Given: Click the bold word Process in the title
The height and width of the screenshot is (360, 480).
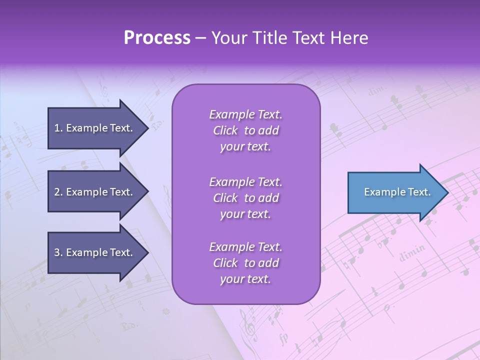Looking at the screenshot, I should [x=157, y=38].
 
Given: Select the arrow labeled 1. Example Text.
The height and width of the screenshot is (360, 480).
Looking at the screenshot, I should [x=95, y=128].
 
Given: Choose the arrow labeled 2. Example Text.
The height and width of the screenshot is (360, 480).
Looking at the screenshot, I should [x=95, y=192].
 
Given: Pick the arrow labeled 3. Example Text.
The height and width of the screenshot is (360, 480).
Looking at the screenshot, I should [x=95, y=252].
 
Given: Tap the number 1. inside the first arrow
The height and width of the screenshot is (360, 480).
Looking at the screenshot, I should [x=58, y=128].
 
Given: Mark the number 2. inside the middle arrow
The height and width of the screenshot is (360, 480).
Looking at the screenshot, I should [x=58, y=192].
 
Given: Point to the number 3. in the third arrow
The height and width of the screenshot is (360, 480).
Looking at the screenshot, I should [x=58, y=252].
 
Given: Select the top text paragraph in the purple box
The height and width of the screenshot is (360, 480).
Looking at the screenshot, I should [x=245, y=130].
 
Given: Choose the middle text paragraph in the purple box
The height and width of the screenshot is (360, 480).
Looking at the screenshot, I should [x=245, y=198].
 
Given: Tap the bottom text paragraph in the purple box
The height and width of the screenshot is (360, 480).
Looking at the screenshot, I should [x=245, y=263].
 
